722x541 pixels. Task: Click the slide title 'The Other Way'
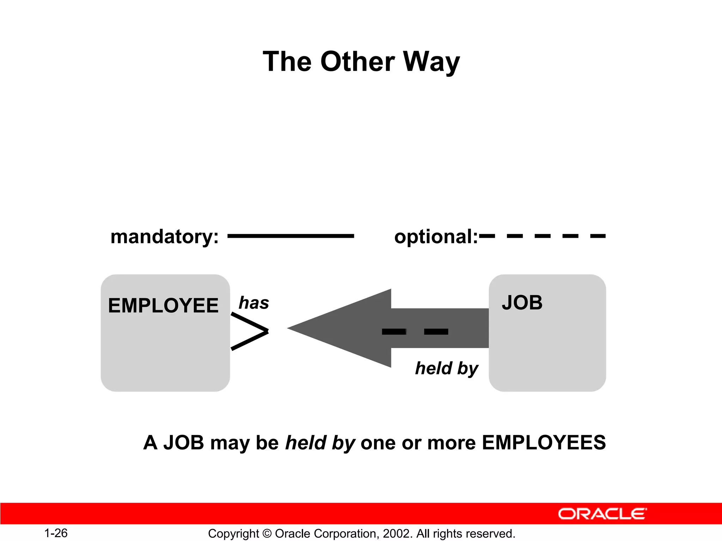click(361, 62)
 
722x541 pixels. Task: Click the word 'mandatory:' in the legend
click(164, 237)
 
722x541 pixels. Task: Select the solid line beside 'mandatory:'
click(290, 236)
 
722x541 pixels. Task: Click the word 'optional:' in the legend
click(436, 237)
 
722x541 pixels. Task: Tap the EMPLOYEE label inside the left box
click(163, 305)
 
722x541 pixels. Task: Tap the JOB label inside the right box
click(522, 303)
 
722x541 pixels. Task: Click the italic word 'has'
click(254, 303)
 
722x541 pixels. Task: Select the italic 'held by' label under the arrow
click(447, 368)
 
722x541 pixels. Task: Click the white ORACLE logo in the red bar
click(602, 514)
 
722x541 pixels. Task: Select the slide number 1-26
click(56, 533)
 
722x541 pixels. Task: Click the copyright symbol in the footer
click(267, 534)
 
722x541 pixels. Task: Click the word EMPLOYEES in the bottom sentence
click(544, 443)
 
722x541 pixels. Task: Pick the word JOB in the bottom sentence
click(184, 443)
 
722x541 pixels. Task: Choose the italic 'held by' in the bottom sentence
click(320, 443)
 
